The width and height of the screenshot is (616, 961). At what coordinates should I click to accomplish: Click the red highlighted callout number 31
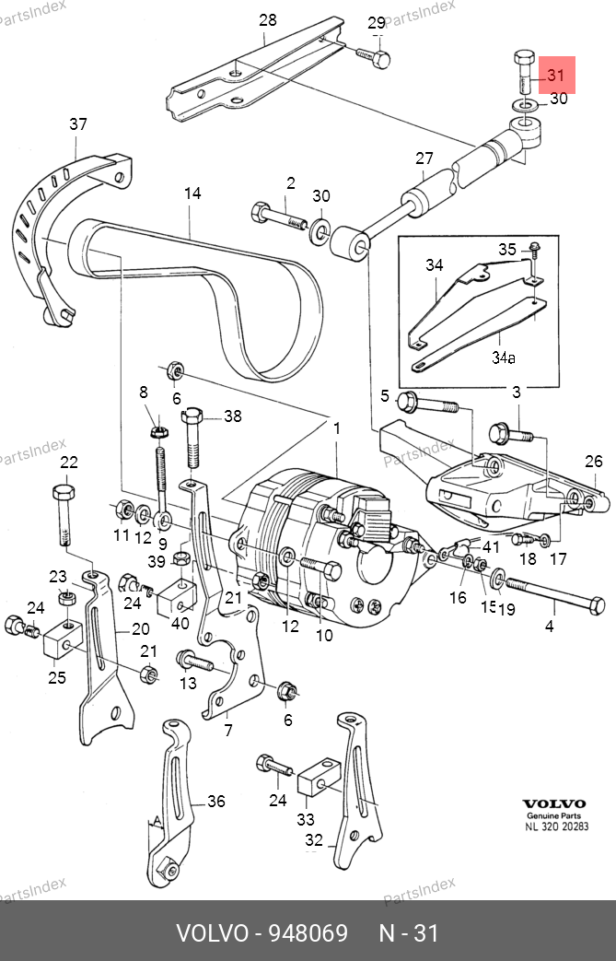(555, 75)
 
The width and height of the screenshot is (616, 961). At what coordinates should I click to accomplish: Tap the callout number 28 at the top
(267, 19)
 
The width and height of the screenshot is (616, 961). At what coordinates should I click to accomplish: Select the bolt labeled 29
(375, 57)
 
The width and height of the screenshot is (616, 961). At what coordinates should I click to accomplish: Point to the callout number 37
(78, 123)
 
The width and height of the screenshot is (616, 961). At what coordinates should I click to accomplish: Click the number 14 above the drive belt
(192, 193)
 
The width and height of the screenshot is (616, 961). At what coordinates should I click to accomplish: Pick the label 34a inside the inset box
(503, 357)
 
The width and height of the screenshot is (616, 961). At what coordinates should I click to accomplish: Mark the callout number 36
(215, 801)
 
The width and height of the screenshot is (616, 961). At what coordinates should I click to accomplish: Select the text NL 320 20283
(556, 826)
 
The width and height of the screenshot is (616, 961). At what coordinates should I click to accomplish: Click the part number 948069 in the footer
(308, 933)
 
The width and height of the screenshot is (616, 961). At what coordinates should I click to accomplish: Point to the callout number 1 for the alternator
(337, 428)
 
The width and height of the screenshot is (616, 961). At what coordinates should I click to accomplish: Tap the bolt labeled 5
(410, 402)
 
